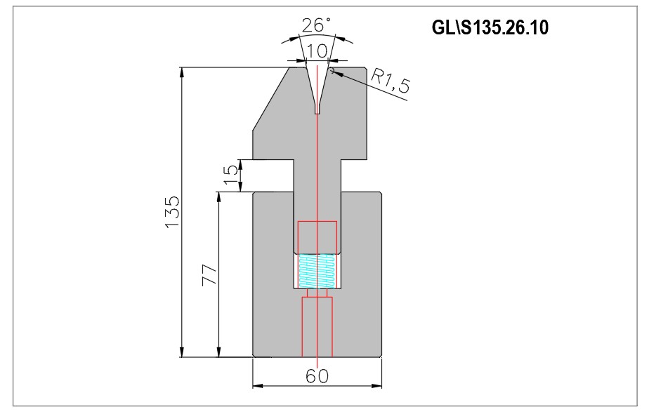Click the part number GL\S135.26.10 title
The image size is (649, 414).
pos(490,27)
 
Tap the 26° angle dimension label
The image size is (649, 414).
pos(317,25)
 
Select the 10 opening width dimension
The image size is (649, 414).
pos(317,51)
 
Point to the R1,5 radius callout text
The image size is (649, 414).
pos(390,81)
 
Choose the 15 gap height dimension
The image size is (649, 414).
pos(232,175)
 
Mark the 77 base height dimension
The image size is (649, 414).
pos(209,274)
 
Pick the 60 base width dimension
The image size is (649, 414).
pos(317,376)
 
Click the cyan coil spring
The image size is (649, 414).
pos(317,271)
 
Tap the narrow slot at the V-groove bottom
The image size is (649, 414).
pos(317,109)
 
